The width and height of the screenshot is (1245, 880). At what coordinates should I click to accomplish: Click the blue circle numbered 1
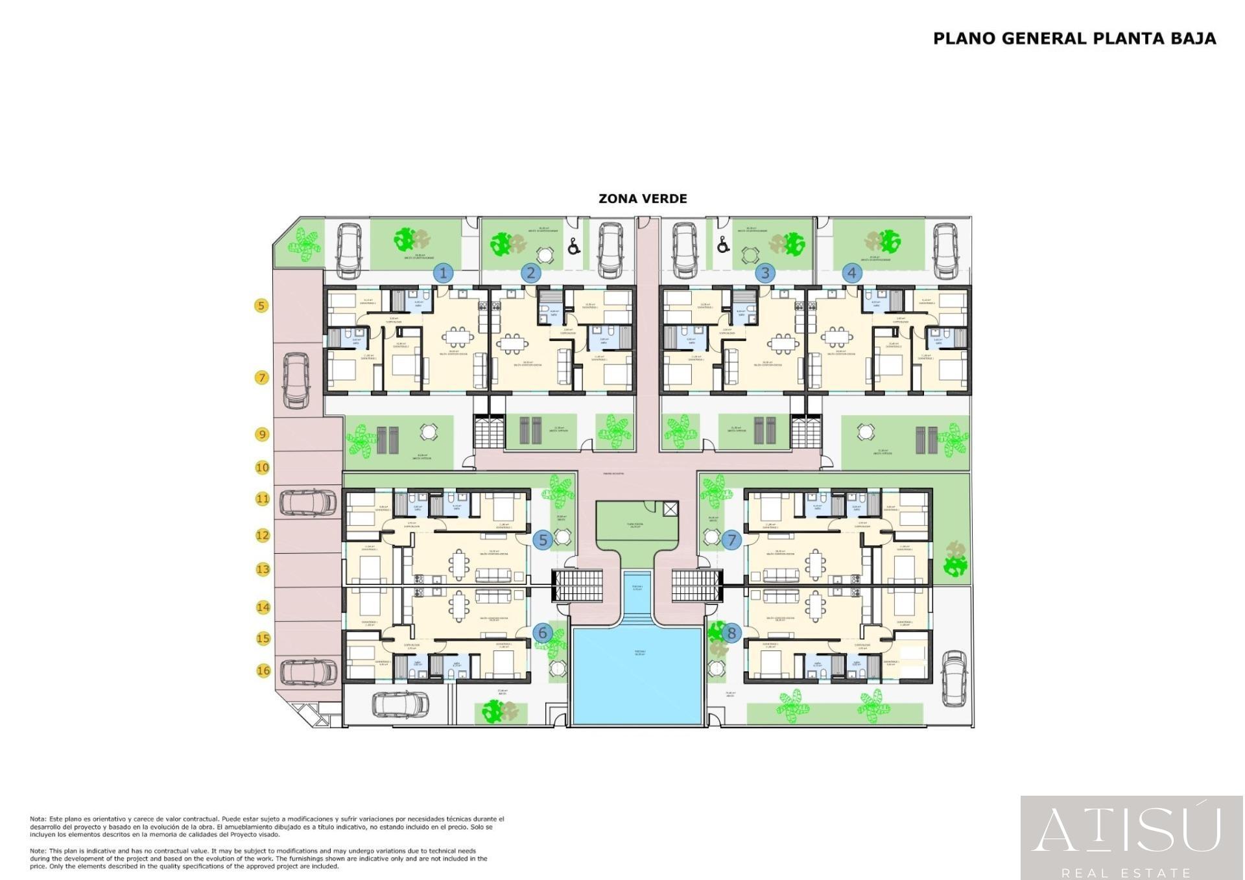point(444,273)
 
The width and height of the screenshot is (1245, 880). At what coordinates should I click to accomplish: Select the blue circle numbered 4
point(851,273)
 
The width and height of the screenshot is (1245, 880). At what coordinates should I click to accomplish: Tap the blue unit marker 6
point(543,633)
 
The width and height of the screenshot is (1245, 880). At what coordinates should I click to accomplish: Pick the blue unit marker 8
point(731,633)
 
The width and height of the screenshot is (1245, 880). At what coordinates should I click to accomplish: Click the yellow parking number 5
point(261,305)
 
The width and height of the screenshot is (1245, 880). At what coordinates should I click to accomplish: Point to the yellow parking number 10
point(262,467)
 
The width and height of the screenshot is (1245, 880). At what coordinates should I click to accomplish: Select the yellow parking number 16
point(263,671)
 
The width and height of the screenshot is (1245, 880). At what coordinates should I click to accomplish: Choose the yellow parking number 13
point(263,569)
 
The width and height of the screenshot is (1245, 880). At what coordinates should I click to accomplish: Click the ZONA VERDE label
point(642,198)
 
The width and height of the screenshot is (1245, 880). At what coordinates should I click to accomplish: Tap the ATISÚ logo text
point(1126,830)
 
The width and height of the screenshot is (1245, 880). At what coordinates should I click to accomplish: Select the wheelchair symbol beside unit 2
point(574,246)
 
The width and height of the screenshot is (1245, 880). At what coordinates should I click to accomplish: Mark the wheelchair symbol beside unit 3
point(723,245)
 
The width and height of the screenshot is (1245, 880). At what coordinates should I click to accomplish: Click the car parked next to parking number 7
point(296,381)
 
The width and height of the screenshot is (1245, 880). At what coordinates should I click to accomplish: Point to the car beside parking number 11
point(308,503)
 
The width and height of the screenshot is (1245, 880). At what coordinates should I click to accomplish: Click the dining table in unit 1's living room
point(458,338)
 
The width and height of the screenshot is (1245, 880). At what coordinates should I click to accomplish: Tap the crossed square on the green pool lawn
point(670,509)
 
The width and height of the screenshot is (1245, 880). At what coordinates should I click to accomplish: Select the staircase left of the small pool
point(577,586)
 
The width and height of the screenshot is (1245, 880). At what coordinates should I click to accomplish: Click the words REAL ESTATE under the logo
point(1126,873)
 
